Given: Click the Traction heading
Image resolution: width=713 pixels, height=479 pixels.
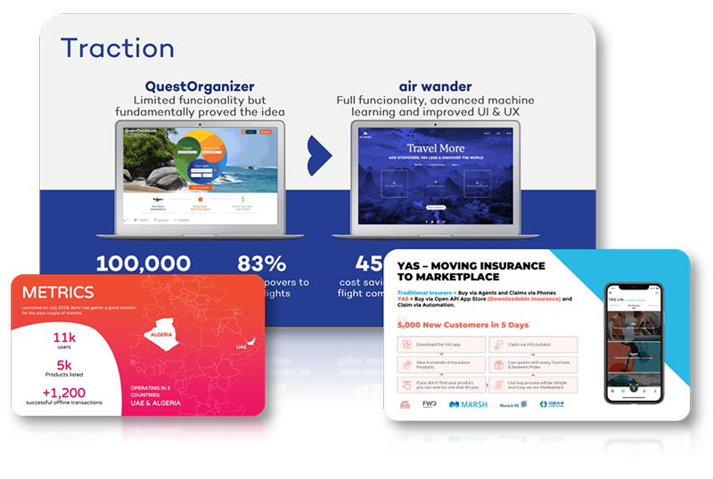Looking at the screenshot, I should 117,48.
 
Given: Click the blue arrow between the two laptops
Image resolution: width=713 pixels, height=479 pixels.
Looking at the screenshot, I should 318,157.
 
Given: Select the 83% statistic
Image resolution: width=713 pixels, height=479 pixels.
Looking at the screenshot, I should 262,264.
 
